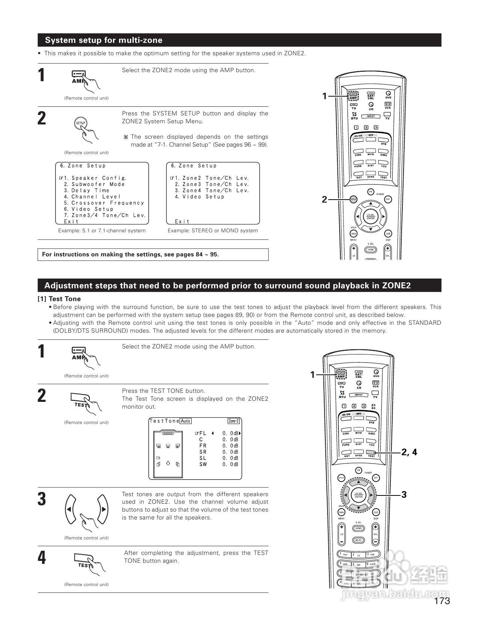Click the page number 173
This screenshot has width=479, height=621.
pos(442,601)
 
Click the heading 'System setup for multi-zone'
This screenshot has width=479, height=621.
pos(104,40)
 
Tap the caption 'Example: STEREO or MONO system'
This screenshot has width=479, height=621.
pos(213,231)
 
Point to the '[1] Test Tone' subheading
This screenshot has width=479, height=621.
pos(59,299)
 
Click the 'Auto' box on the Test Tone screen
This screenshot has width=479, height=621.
pos(186,421)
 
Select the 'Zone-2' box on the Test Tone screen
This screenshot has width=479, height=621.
pos(234,421)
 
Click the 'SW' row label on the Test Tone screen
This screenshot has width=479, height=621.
pos(203,465)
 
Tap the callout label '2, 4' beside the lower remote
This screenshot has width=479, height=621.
pos(409,452)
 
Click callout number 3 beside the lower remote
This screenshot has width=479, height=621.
pos(404,495)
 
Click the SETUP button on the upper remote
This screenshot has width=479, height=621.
pos(353,199)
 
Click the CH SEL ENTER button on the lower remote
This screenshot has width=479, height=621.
pos(359,495)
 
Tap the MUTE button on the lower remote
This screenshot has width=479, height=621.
pos(358,540)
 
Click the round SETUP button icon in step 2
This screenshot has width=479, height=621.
pos(81,123)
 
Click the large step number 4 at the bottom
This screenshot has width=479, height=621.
pos(42,558)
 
